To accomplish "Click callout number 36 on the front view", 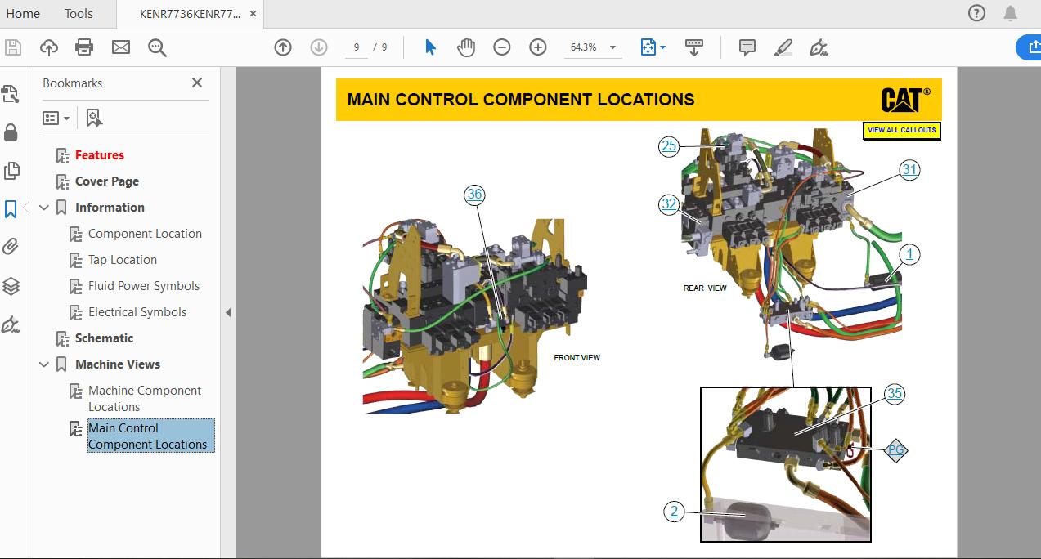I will point(474,194).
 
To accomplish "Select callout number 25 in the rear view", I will point(670,146).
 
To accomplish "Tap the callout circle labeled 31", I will point(909,170).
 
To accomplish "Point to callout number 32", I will point(670,204).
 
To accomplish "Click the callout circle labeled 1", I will point(909,254).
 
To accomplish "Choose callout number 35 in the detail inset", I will point(895,394).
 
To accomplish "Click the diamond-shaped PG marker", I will point(896,450).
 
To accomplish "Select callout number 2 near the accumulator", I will point(674,512).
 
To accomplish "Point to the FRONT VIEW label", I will point(577,358).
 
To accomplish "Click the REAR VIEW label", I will point(705,288).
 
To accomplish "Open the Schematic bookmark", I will point(104,338).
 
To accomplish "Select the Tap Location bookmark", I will point(123,260).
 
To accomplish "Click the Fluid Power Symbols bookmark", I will point(144,286).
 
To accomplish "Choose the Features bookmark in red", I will point(100,155).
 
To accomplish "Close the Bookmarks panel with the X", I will point(197,83).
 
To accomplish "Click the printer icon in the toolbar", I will point(84,47).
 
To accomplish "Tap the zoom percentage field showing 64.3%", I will point(584,47).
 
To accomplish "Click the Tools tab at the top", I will point(79,13).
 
